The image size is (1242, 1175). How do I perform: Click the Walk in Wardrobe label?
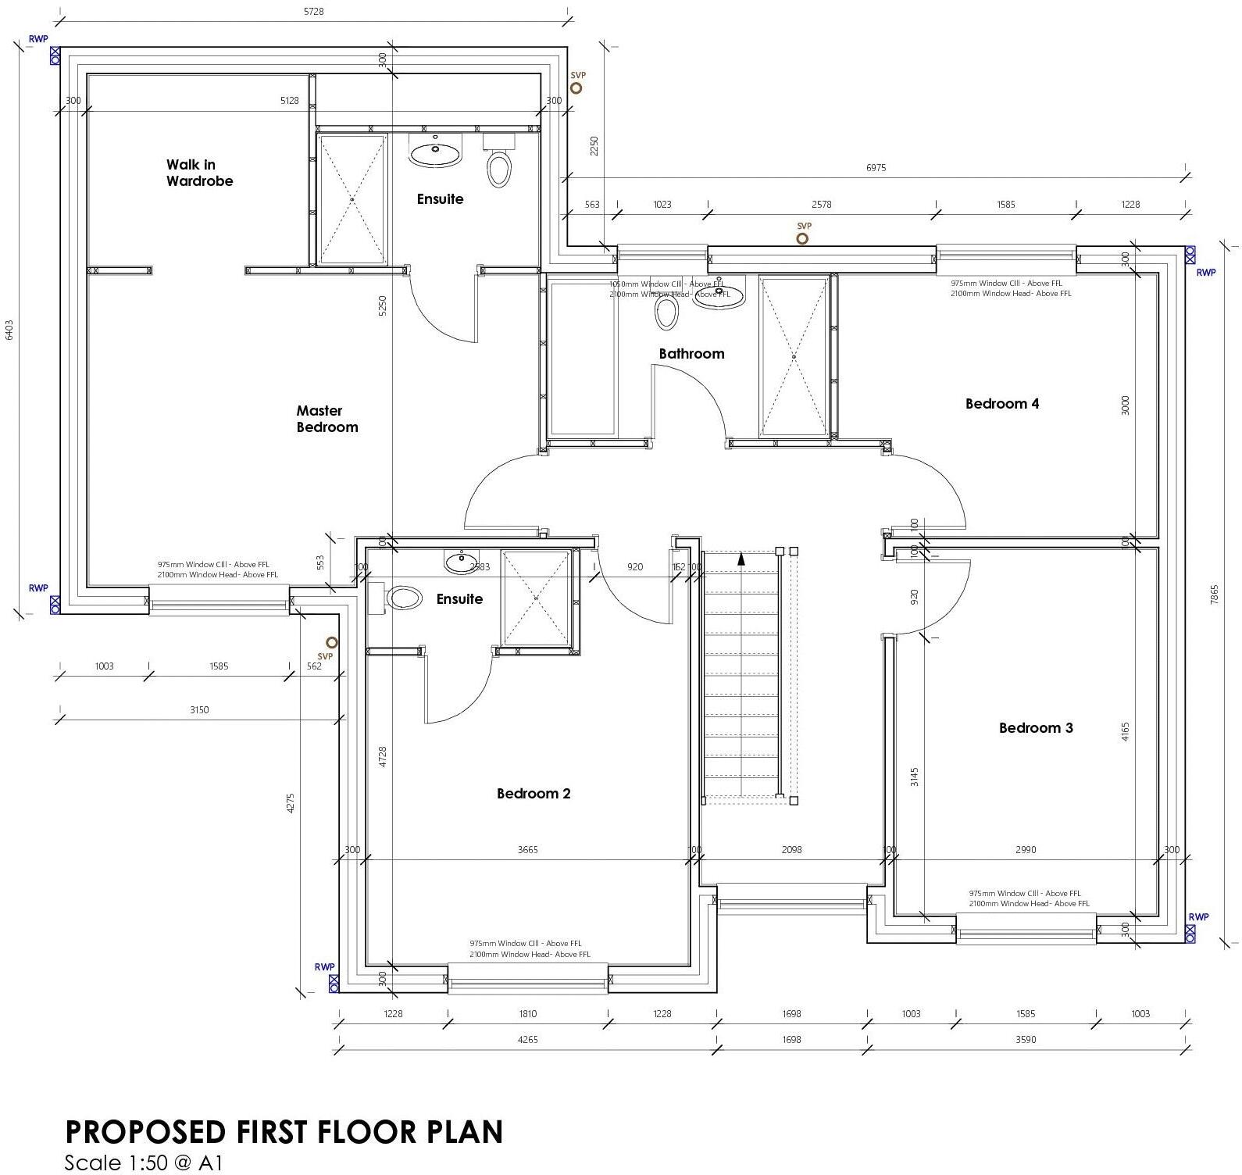(x=199, y=173)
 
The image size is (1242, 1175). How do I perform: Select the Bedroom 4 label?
(x=1001, y=404)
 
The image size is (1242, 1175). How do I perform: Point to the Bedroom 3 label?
(x=1036, y=728)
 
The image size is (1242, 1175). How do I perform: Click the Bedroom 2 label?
(x=534, y=794)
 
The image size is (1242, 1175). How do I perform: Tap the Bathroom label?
(x=691, y=354)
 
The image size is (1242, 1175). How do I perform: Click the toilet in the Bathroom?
(x=666, y=312)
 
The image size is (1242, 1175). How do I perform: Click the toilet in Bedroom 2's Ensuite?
(x=403, y=598)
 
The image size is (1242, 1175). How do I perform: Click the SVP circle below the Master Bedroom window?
(x=331, y=642)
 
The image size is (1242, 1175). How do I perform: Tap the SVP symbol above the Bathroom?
(x=802, y=238)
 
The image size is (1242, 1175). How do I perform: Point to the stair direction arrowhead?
(x=741, y=558)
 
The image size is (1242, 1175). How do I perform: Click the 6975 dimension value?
(x=876, y=168)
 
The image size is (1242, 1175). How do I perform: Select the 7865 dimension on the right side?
(x=1214, y=595)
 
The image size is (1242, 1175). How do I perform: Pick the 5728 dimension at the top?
(x=312, y=12)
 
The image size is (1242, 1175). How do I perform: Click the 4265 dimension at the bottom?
(x=528, y=1040)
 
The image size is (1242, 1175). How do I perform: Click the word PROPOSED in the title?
(x=142, y=1132)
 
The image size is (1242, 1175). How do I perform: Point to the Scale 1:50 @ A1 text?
(x=144, y=1162)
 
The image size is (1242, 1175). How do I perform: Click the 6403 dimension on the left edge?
(x=9, y=330)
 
